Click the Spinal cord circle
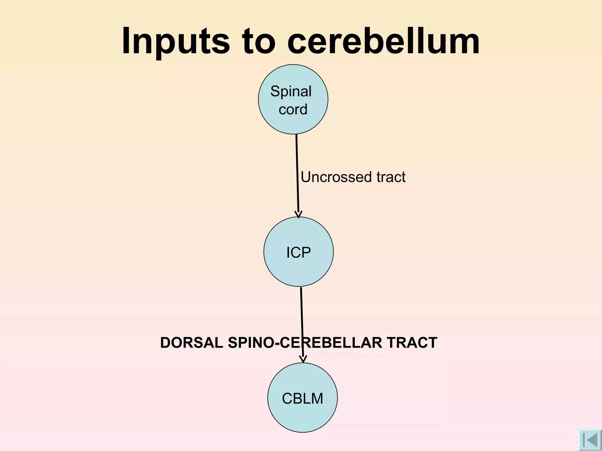point(293,123)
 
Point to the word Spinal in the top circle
point(291,91)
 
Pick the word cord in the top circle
point(293,110)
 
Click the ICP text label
point(298,253)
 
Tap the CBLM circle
point(302,417)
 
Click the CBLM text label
point(302,399)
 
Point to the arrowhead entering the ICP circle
point(298,215)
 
